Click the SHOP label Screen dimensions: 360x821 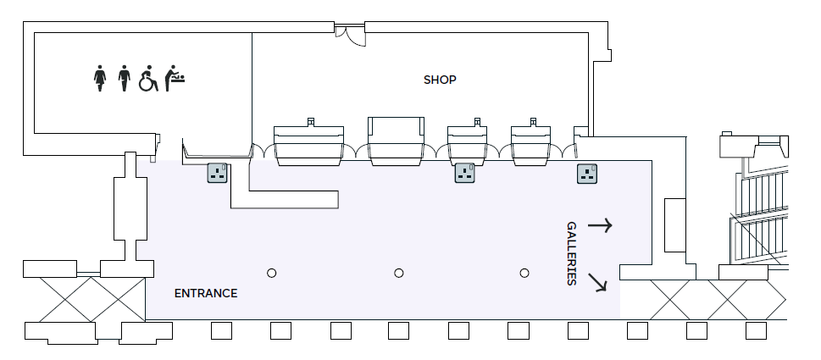pos(440,80)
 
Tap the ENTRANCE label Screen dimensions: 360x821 pos(205,294)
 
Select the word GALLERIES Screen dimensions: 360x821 pos(571,253)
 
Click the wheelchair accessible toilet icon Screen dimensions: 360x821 pos(148,78)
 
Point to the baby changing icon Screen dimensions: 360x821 pos(175,78)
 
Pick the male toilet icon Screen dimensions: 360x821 pos(125,78)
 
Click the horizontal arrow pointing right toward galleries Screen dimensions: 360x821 pos(600,225)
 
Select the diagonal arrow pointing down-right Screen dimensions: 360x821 pos(598,282)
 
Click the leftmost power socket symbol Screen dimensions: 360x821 pos(219,174)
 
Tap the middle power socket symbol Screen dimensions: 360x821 pos(464,174)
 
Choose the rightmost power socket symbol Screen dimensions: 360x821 pos(588,174)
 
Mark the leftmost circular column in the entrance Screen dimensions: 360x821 pos(272,273)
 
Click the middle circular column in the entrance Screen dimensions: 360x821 pos(398,273)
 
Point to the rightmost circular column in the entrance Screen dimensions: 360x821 pos(524,273)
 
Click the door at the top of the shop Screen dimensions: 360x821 pos(349,34)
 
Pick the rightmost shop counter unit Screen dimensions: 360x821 pos(532,141)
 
